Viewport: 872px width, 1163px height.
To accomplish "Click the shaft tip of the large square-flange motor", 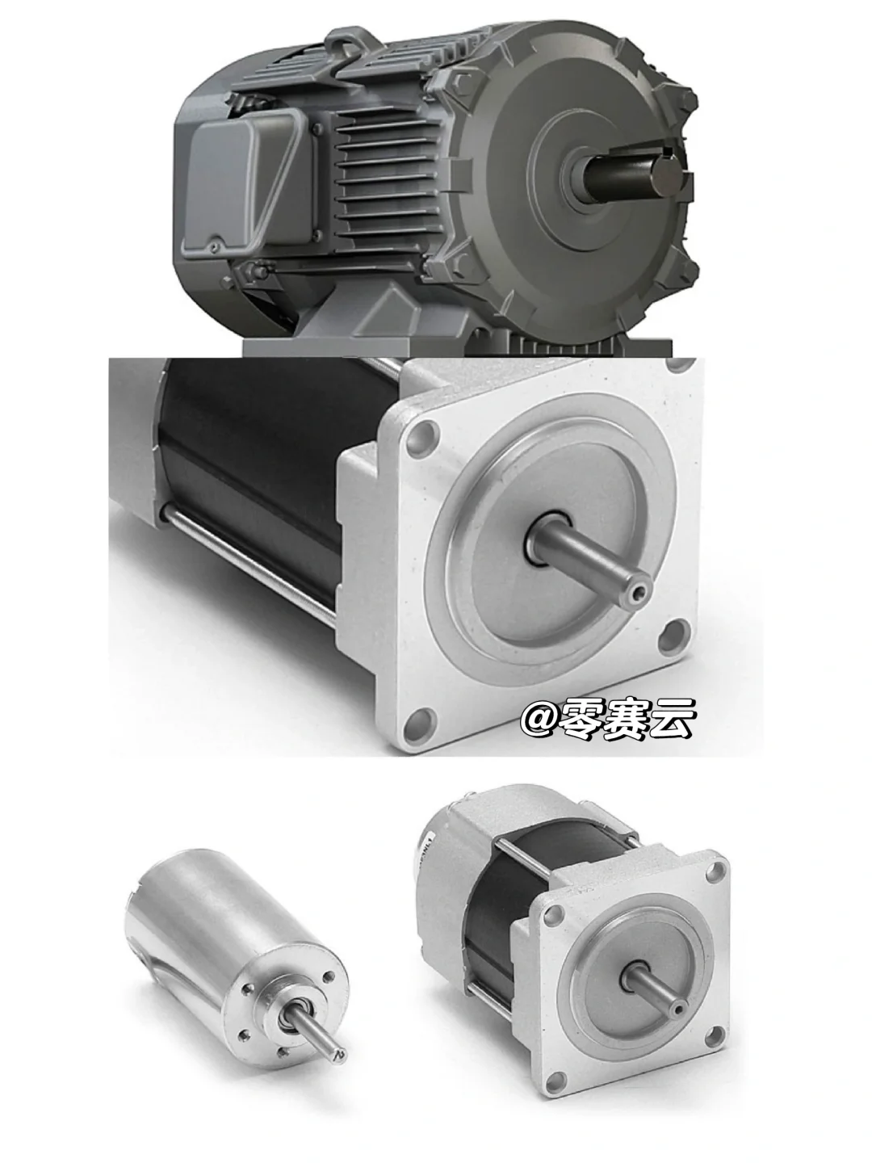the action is (x=641, y=591).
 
